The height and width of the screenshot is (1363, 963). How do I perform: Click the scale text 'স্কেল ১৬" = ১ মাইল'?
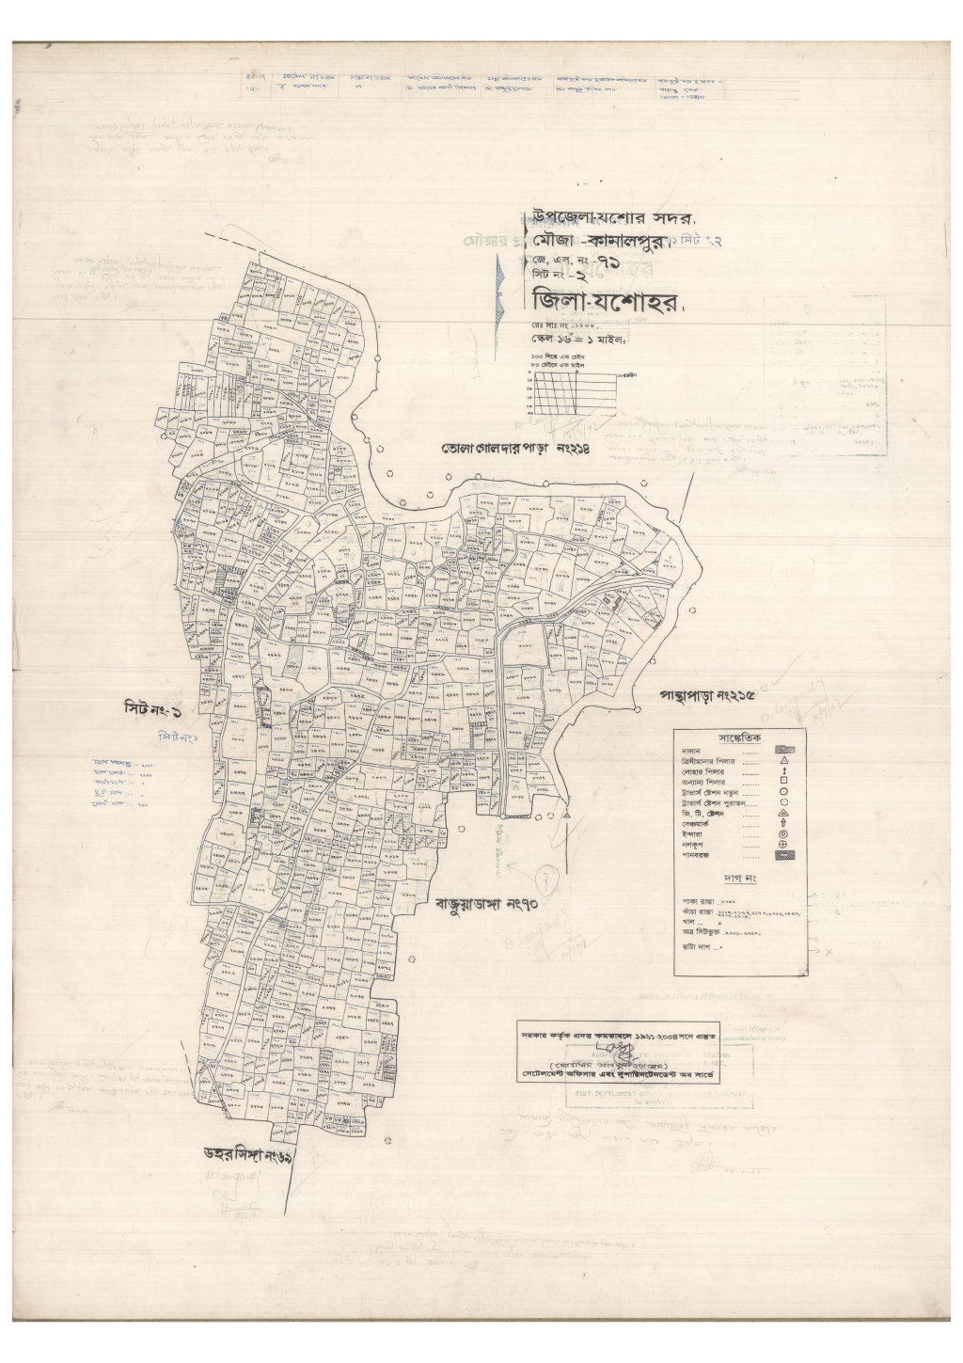pos(577,339)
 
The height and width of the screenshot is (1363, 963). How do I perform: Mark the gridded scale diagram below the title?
pos(571,393)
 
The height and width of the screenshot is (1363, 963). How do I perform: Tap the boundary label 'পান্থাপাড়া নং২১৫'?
pos(707,696)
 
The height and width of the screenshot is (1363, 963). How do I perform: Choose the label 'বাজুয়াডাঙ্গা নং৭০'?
pos(484,906)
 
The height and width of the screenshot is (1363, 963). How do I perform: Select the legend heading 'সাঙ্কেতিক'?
pos(739,737)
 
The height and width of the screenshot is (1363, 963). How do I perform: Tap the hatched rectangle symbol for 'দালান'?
pos(784,750)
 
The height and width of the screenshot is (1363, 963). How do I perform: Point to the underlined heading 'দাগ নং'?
pos(739,879)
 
